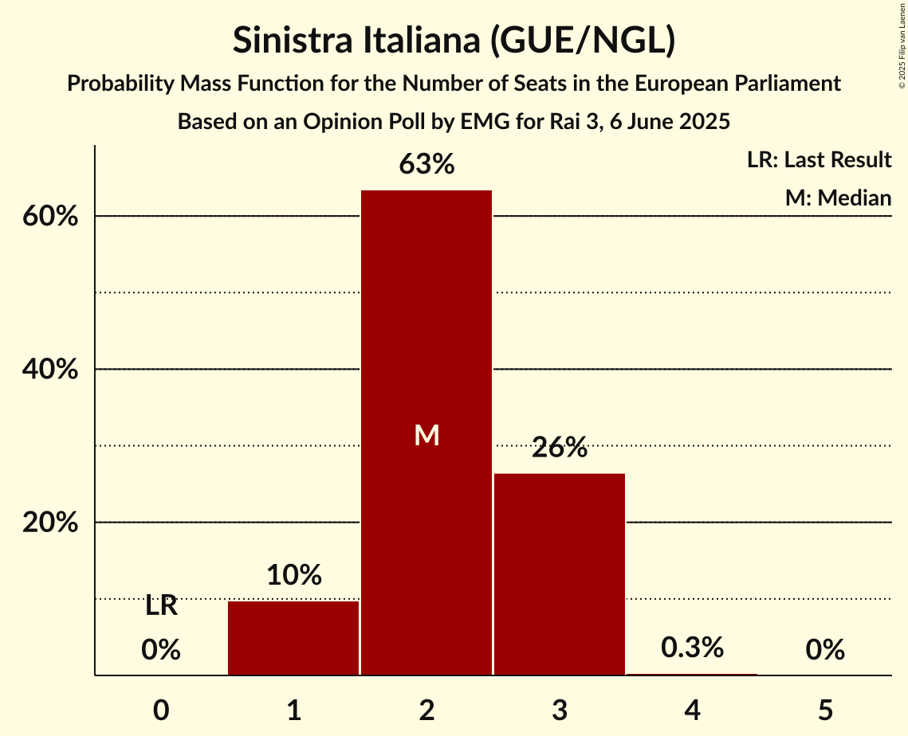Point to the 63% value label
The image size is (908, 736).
coord(426,165)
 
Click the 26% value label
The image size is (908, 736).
coord(560,448)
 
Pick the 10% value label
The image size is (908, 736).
coord(293,575)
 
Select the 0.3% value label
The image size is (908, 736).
coord(692,648)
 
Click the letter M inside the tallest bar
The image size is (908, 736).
coord(426,435)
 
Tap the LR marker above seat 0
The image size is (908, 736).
coord(161,607)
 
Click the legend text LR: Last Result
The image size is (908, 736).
coord(819,160)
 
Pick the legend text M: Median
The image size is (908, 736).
coord(838,198)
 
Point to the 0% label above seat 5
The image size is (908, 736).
coord(825,651)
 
